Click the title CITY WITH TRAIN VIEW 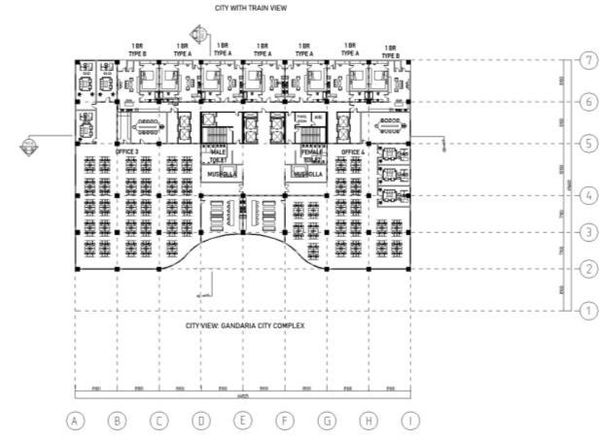252,8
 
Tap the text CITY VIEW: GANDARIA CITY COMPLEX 245,325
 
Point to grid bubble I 410,421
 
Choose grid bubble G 328,421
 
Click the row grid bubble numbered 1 586,311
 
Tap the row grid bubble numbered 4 586,195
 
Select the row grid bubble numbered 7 586,60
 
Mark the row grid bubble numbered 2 586,268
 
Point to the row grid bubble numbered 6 586,101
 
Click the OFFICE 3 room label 127,153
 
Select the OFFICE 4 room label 352,153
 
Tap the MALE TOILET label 219,155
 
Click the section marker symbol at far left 29,146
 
